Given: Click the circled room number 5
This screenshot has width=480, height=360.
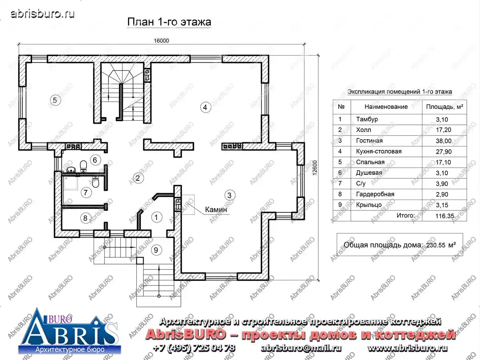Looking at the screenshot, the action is pos(55,100).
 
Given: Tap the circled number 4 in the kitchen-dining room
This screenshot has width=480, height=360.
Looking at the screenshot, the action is pos(205,107).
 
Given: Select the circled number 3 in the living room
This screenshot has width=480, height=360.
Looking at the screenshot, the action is pos(229,195).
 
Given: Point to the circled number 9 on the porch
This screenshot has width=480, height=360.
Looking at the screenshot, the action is pos(156,250).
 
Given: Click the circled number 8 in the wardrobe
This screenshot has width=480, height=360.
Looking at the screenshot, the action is pos(85,218).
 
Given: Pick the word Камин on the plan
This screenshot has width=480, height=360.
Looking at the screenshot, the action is pos(216,210).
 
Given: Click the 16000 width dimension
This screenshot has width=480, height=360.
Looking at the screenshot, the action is pos(161,41).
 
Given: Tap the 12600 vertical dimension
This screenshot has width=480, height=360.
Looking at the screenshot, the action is pos(315,168).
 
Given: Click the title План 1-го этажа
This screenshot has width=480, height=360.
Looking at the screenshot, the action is pos(169,22).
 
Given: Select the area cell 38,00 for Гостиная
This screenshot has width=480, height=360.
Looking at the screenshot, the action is pos(444,141).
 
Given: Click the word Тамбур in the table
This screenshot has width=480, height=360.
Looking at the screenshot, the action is pos(367,119).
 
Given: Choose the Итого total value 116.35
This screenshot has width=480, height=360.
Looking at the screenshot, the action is pos(444,216).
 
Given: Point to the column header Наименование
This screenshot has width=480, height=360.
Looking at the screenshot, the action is pos(386,107).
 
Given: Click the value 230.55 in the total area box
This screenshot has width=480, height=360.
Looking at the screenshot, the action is pos(436,245).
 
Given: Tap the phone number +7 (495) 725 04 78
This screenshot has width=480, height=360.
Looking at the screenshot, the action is pos(194,348).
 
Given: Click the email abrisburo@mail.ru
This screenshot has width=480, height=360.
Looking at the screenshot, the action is pos(301,348).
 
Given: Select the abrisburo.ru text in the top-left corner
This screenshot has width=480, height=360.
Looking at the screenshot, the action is pos(43,14).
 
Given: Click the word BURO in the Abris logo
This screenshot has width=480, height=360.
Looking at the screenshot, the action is pos(60,320).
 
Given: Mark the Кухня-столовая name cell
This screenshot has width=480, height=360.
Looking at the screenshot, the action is pos(379,151).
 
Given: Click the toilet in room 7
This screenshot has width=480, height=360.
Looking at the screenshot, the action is pos(96,182).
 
